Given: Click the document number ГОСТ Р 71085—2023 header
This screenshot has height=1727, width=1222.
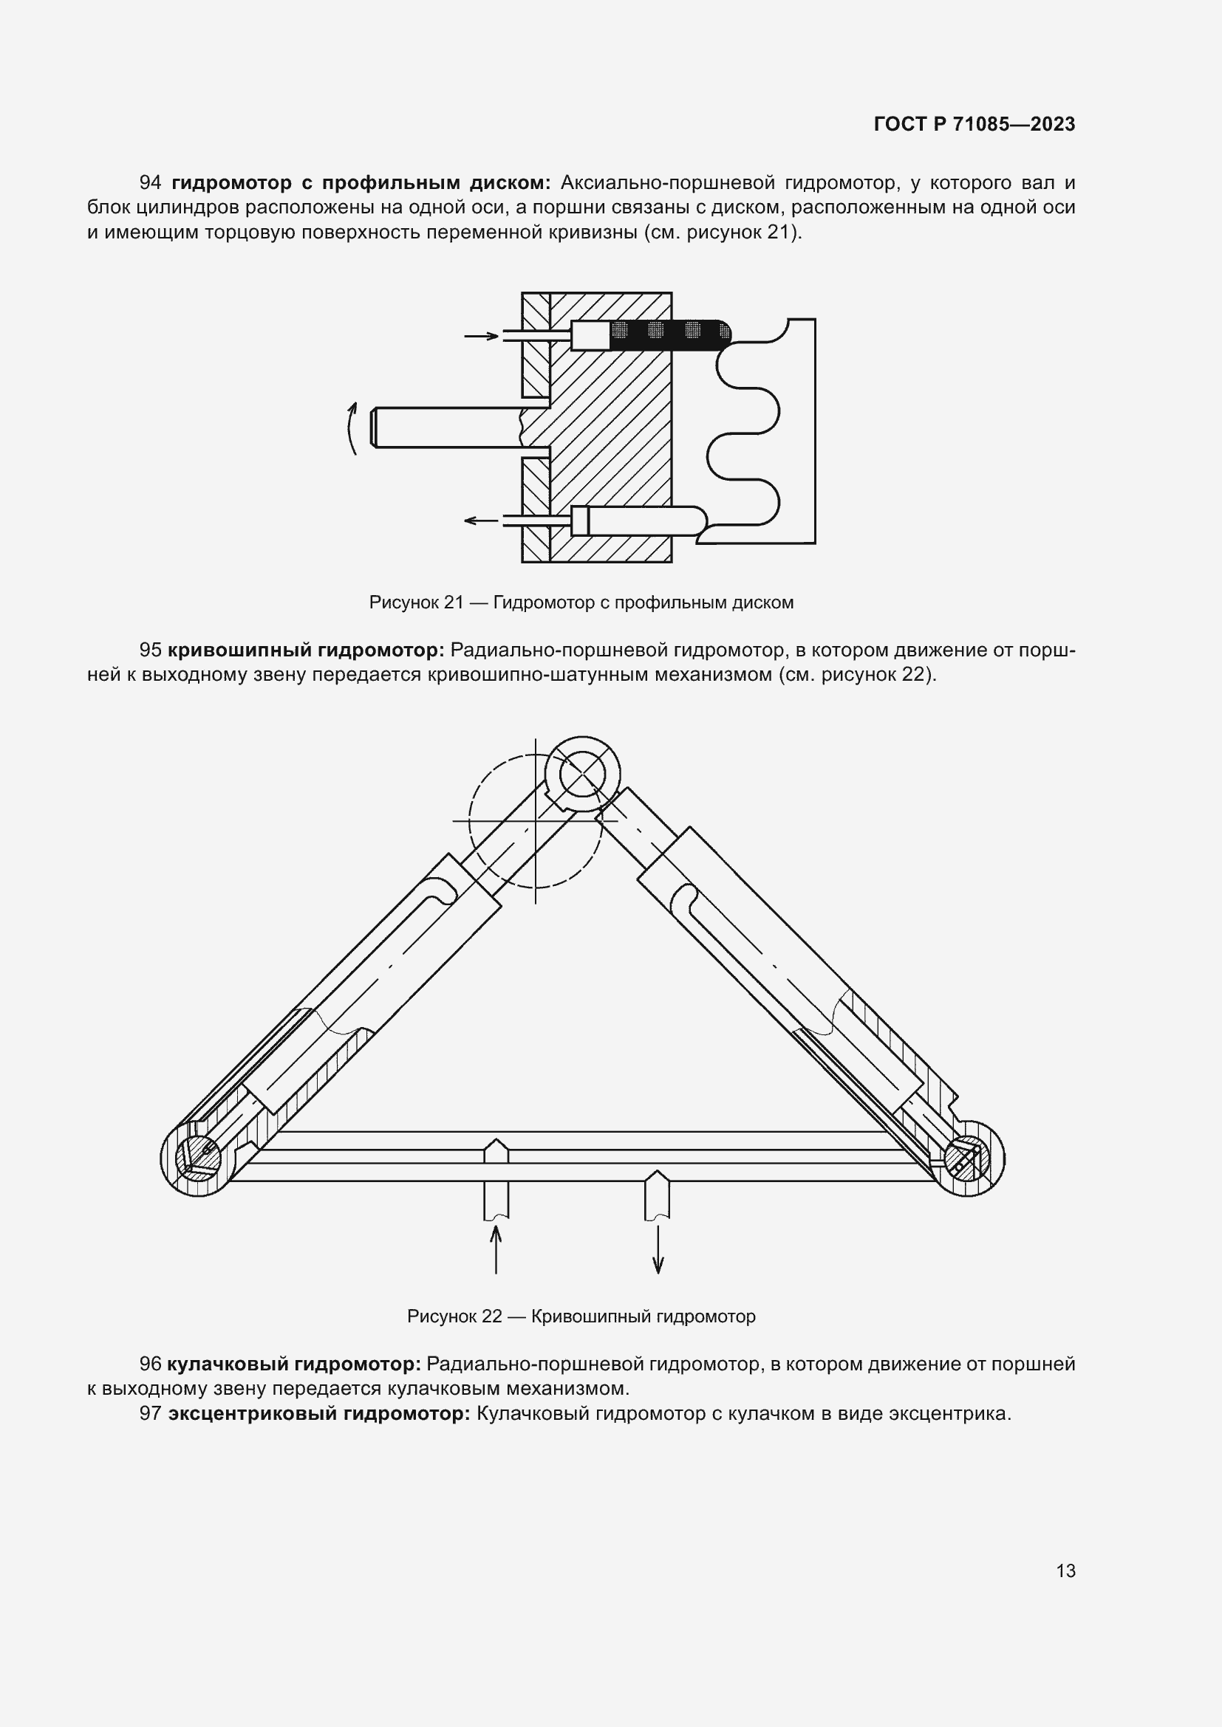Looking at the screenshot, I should [x=974, y=124].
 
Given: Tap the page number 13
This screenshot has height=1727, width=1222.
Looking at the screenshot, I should [x=1065, y=1570].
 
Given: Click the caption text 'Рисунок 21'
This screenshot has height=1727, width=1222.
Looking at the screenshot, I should [x=416, y=602].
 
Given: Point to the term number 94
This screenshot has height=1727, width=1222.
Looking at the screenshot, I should [x=151, y=183].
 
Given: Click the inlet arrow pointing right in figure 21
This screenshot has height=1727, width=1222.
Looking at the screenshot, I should [x=482, y=335].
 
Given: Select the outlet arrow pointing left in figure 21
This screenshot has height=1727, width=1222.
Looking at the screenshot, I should [x=482, y=520].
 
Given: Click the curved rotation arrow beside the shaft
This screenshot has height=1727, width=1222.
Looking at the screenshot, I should [x=352, y=428].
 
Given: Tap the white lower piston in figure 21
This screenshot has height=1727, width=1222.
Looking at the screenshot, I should [x=647, y=520].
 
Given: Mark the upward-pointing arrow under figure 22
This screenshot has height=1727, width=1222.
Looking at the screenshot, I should [x=495, y=1249].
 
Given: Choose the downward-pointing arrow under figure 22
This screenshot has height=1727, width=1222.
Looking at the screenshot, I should [x=658, y=1249].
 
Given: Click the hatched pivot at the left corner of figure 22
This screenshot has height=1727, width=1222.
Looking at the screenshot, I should [x=197, y=1158].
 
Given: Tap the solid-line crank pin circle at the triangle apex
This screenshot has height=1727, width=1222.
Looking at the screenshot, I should [x=582, y=774].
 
